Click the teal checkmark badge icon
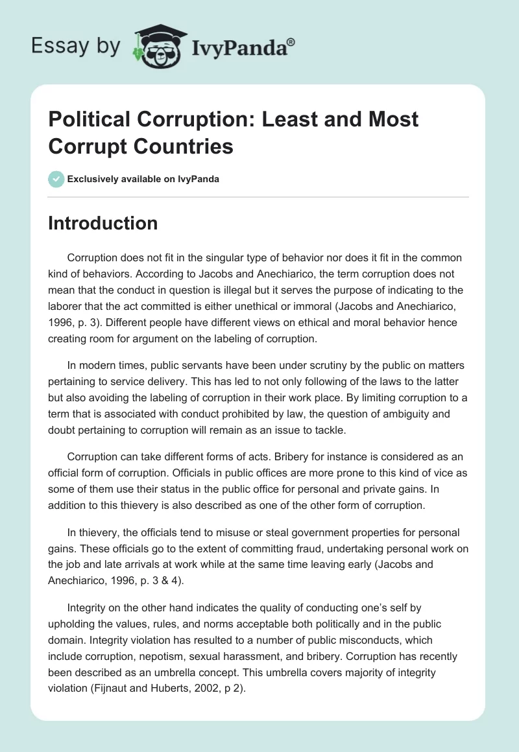tap(56, 179)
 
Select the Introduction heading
tap(103, 223)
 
